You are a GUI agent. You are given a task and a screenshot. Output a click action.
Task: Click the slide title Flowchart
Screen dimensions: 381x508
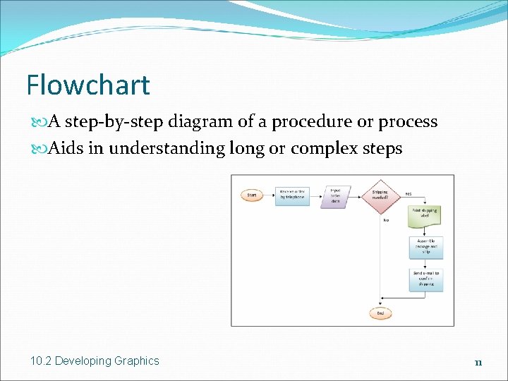[88, 85]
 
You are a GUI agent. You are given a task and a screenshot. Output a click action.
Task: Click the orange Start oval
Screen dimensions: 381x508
[251, 195]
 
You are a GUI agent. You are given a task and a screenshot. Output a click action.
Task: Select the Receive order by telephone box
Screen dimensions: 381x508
[292, 195]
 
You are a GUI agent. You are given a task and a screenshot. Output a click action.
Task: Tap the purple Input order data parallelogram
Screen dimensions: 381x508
[336, 195]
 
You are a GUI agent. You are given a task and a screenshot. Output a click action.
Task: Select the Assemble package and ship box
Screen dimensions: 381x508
[426, 247]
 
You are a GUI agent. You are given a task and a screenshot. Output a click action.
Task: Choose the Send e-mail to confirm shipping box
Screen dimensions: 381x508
[426, 279]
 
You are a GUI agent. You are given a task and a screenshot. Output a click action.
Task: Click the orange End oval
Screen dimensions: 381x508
[380, 312]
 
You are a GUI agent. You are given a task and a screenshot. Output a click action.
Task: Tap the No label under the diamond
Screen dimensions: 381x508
[386, 220]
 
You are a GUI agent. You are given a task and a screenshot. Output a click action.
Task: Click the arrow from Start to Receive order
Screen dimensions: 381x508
[269, 195]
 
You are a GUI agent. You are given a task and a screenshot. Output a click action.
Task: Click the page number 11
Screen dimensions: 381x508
[478, 363]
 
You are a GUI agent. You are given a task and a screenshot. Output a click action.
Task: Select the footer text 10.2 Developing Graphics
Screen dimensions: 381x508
[95, 361]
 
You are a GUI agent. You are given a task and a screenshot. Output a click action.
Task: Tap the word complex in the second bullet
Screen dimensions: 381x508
[327, 149]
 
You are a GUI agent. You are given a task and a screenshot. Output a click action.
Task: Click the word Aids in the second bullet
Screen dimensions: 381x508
[62, 149]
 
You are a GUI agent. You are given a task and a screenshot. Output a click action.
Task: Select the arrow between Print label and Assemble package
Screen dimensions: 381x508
[426, 231]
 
